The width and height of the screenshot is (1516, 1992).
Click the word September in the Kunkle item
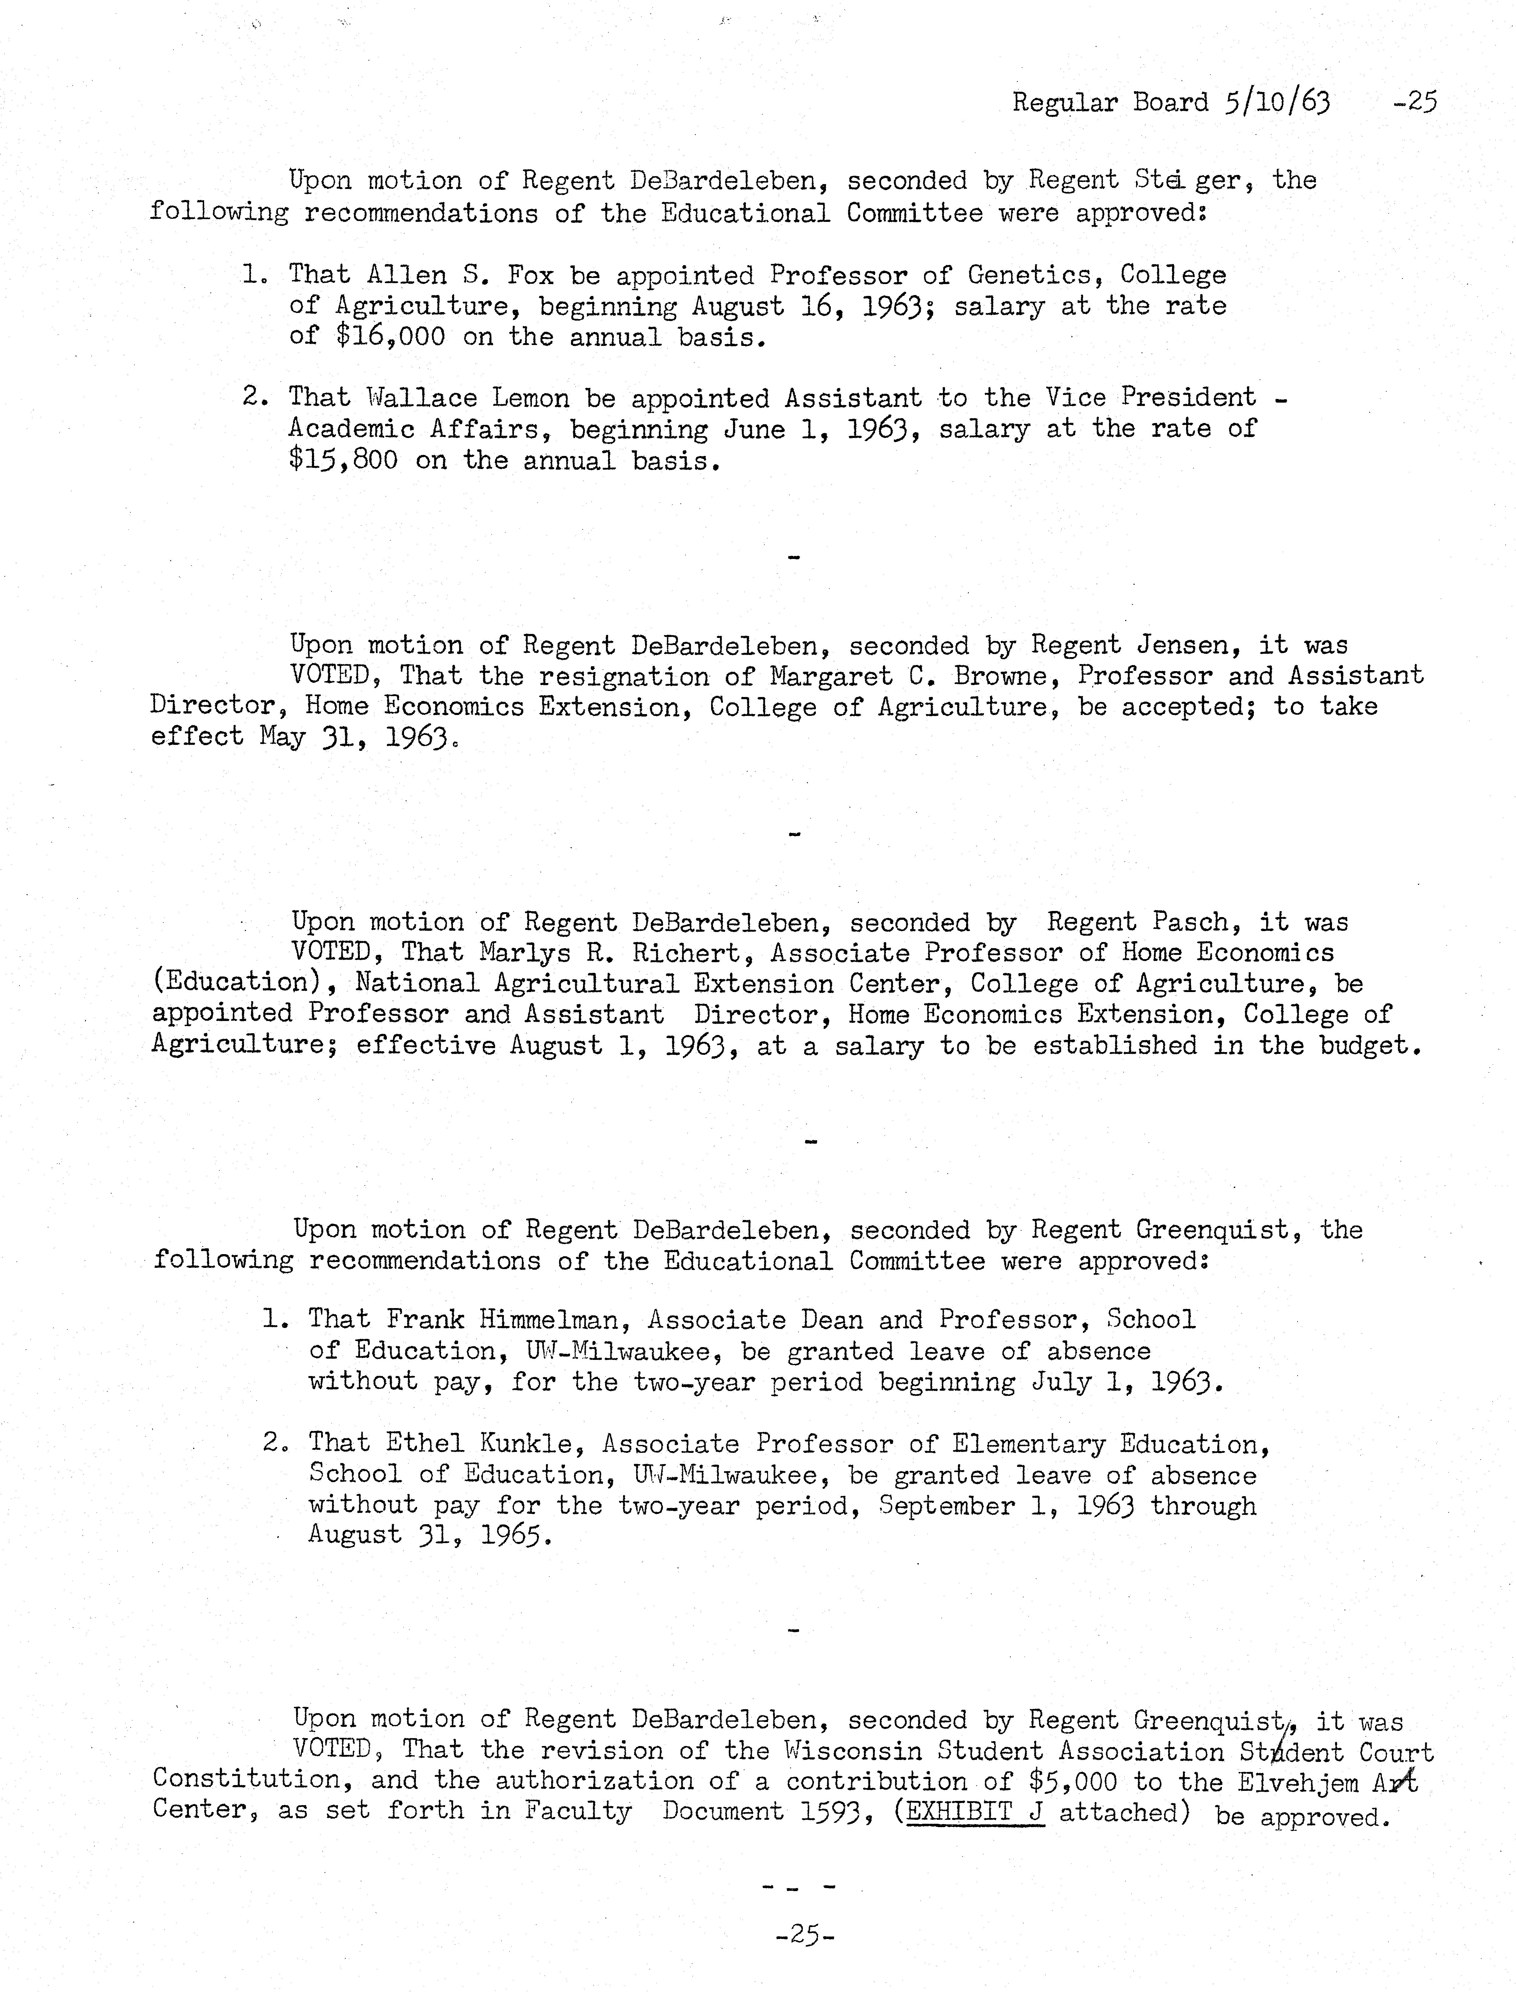tap(946, 1506)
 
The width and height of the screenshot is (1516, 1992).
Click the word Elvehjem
tap(1298, 1783)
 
